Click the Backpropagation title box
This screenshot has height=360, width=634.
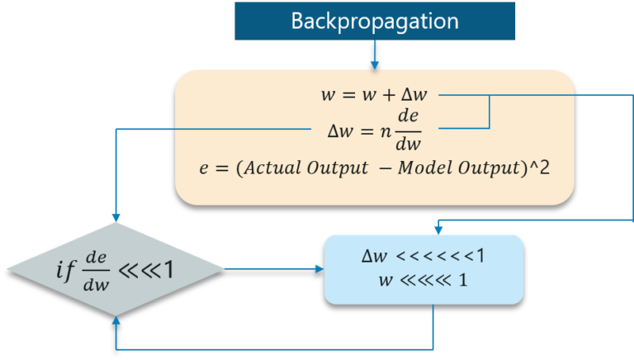tap(375, 21)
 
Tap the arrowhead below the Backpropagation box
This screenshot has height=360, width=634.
tap(375, 64)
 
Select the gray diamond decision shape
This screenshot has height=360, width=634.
tap(115, 268)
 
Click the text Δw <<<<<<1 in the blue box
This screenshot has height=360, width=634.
tap(423, 256)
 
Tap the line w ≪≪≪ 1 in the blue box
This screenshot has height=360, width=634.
tap(423, 280)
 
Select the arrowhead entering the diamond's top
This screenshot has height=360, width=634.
tap(115, 216)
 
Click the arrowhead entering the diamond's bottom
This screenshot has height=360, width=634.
tap(115, 320)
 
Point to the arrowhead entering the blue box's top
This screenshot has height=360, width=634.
tap(438, 229)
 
